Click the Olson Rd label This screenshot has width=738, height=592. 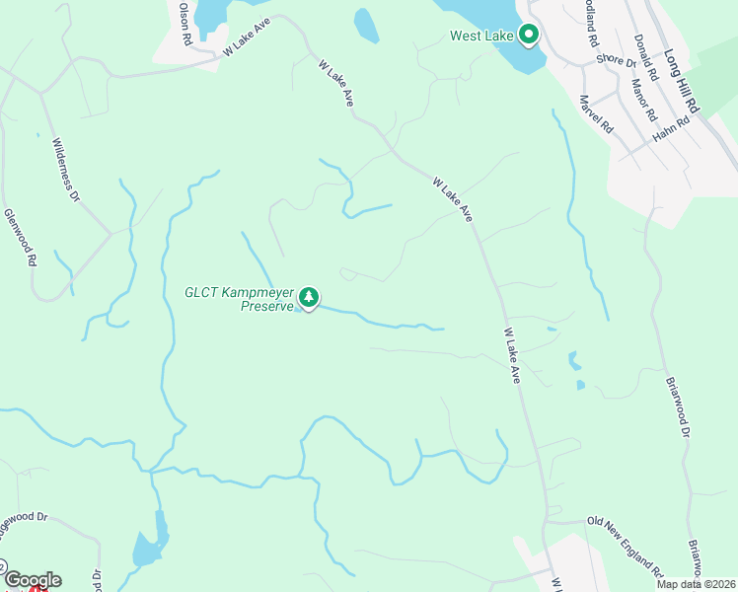pyautogui.click(x=184, y=23)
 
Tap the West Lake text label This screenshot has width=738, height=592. pyautogui.click(x=482, y=37)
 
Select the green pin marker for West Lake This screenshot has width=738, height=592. pyautogui.click(x=528, y=36)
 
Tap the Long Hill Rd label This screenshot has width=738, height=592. pyautogui.click(x=681, y=82)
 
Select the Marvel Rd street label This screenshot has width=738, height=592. pyautogui.click(x=597, y=114)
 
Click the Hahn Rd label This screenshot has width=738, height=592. pyautogui.click(x=672, y=127)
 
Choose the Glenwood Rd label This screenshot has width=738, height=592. pyautogui.click(x=20, y=238)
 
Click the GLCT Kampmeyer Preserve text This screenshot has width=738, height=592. pyautogui.click(x=240, y=298)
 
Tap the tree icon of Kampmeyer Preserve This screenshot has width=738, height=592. pyautogui.click(x=309, y=296)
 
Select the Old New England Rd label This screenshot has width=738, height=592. pyautogui.click(x=625, y=546)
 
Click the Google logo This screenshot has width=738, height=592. pyautogui.click(x=32, y=579)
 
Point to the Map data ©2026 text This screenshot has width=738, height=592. pyautogui.click(x=697, y=584)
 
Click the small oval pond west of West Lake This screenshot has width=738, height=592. pyautogui.click(x=366, y=27)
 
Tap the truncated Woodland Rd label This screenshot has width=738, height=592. pyautogui.click(x=589, y=25)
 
